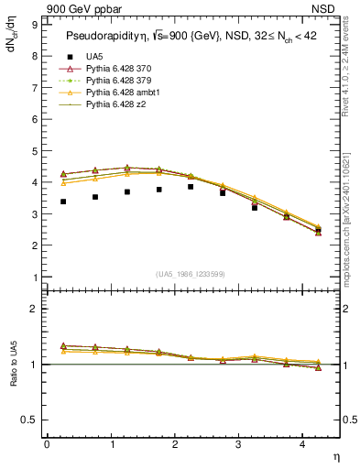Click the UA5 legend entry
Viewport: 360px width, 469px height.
[93, 57]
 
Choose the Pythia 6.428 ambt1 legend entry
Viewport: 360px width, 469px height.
[123, 93]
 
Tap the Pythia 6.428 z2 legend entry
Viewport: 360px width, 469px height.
[116, 104]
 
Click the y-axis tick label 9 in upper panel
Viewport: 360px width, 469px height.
[35, 25]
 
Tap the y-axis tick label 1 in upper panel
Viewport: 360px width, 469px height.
[35, 278]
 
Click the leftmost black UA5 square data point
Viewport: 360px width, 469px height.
[63, 202]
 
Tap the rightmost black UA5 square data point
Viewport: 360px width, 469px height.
[318, 231]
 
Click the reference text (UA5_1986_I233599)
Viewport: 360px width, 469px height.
[192, 274]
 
